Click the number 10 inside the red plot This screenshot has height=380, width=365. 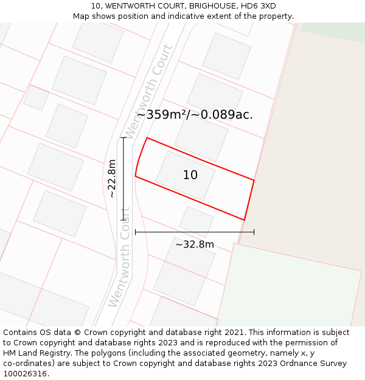190,175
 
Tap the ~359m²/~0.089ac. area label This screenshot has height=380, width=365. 195,114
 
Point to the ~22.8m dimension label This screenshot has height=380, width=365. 112,179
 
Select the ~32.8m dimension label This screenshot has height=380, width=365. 195,244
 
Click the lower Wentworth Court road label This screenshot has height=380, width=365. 120,266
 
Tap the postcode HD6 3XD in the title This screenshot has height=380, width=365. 259,6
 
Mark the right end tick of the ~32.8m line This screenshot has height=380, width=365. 254,232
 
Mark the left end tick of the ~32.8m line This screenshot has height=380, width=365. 135,232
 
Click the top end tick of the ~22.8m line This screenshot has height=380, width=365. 123,138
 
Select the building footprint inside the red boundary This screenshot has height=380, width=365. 185,176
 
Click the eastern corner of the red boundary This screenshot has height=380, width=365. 254,180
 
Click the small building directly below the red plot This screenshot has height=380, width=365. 196,221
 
